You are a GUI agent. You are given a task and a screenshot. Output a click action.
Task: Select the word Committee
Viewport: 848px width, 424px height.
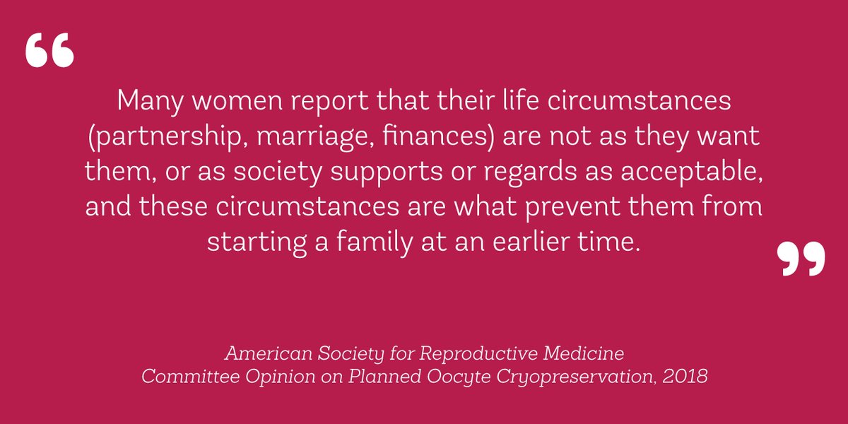(x=187, y=376)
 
